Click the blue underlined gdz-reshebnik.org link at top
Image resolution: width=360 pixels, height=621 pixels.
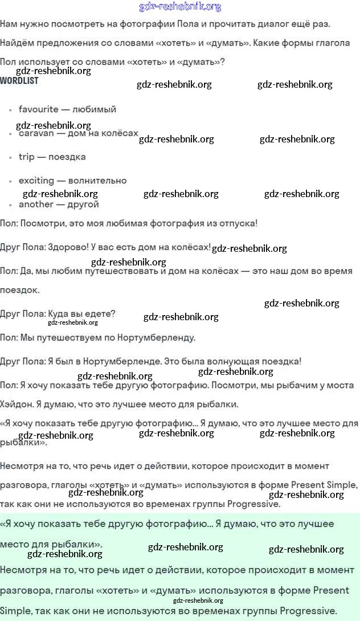(180, 7)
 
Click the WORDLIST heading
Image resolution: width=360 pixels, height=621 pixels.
(19, 81)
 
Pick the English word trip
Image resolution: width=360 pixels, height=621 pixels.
(26, 157)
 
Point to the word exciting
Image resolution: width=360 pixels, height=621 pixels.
(36, 181)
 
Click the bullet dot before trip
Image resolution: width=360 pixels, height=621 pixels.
(11, 157)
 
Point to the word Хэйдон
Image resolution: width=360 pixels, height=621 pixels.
(16, 405)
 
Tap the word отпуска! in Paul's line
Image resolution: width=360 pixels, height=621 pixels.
(235, 223)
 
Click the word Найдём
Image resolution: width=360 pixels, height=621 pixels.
(18, 43)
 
